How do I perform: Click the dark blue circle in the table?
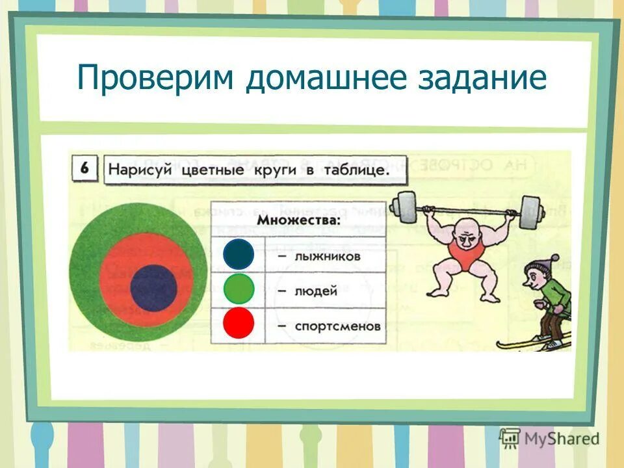(238, 254)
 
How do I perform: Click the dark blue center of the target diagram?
(153, 287)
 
